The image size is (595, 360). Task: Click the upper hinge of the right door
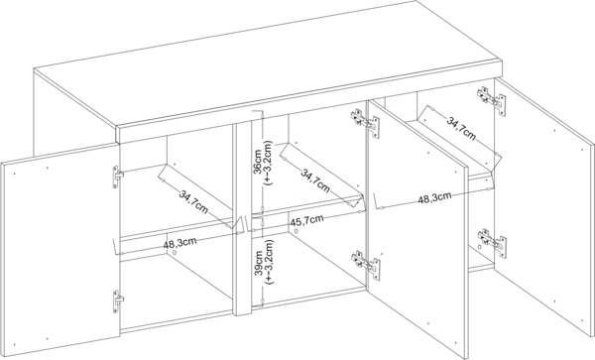[487, 98]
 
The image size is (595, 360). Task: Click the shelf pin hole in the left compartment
[175, 254]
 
